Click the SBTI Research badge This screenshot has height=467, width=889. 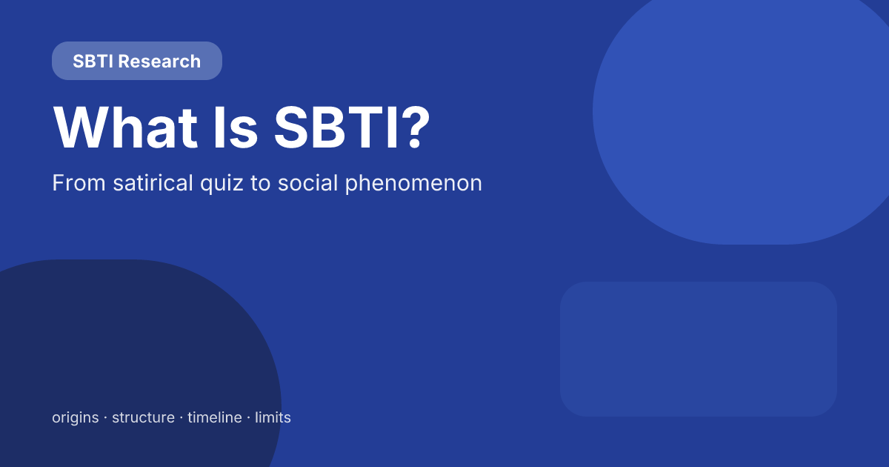(137, 61)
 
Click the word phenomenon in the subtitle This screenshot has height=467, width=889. (413, 184)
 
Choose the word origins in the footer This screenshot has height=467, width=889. (75, 418)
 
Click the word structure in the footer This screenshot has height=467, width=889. (143, 417)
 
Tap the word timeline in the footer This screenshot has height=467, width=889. (215, 417)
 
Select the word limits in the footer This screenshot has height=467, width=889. (273, 417)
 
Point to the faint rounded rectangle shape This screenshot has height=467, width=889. (698, 348)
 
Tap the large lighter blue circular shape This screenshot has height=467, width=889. (741, 111)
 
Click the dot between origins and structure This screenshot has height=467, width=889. (105, 418)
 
